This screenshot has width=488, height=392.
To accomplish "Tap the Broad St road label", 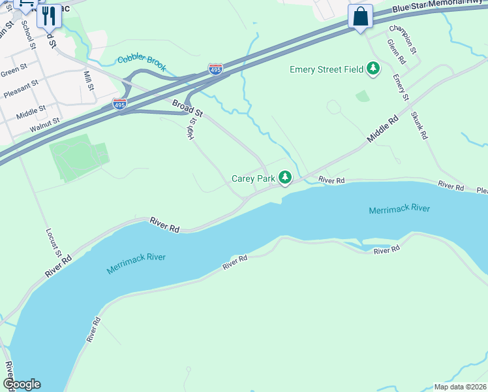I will click(188, 108).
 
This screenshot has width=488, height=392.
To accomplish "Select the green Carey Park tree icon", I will click(285, 178).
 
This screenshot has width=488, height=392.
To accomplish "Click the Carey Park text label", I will click(252, 178).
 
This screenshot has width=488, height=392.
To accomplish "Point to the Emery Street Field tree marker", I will click(373, 69).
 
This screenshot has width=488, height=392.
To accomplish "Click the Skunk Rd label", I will click(419, 125).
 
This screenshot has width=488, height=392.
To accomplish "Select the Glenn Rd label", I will click(396, 52).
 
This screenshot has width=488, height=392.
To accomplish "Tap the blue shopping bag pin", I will click(360, 16).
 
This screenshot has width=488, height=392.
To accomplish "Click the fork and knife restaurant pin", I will click(49, 15).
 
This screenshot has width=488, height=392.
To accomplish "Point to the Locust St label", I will click(53, 242).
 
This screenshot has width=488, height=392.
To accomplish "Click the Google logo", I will click(22, 384).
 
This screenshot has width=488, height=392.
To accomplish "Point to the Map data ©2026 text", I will click(459, 387).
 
